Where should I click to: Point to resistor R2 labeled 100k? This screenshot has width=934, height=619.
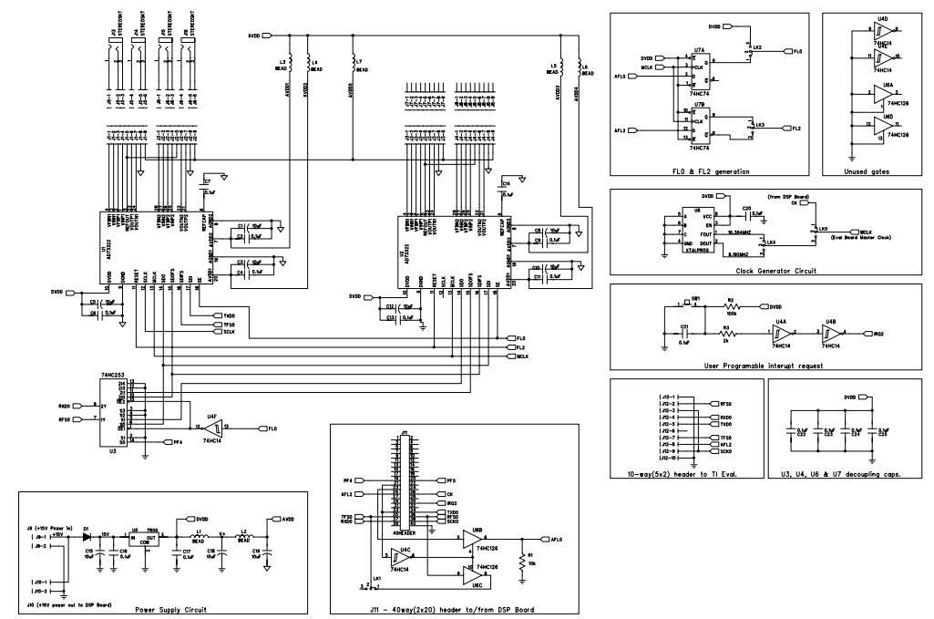pos(730,307)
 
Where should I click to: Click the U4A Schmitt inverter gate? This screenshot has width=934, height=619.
pos(782,334)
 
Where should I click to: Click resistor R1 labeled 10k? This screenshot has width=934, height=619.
pos(520,558)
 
